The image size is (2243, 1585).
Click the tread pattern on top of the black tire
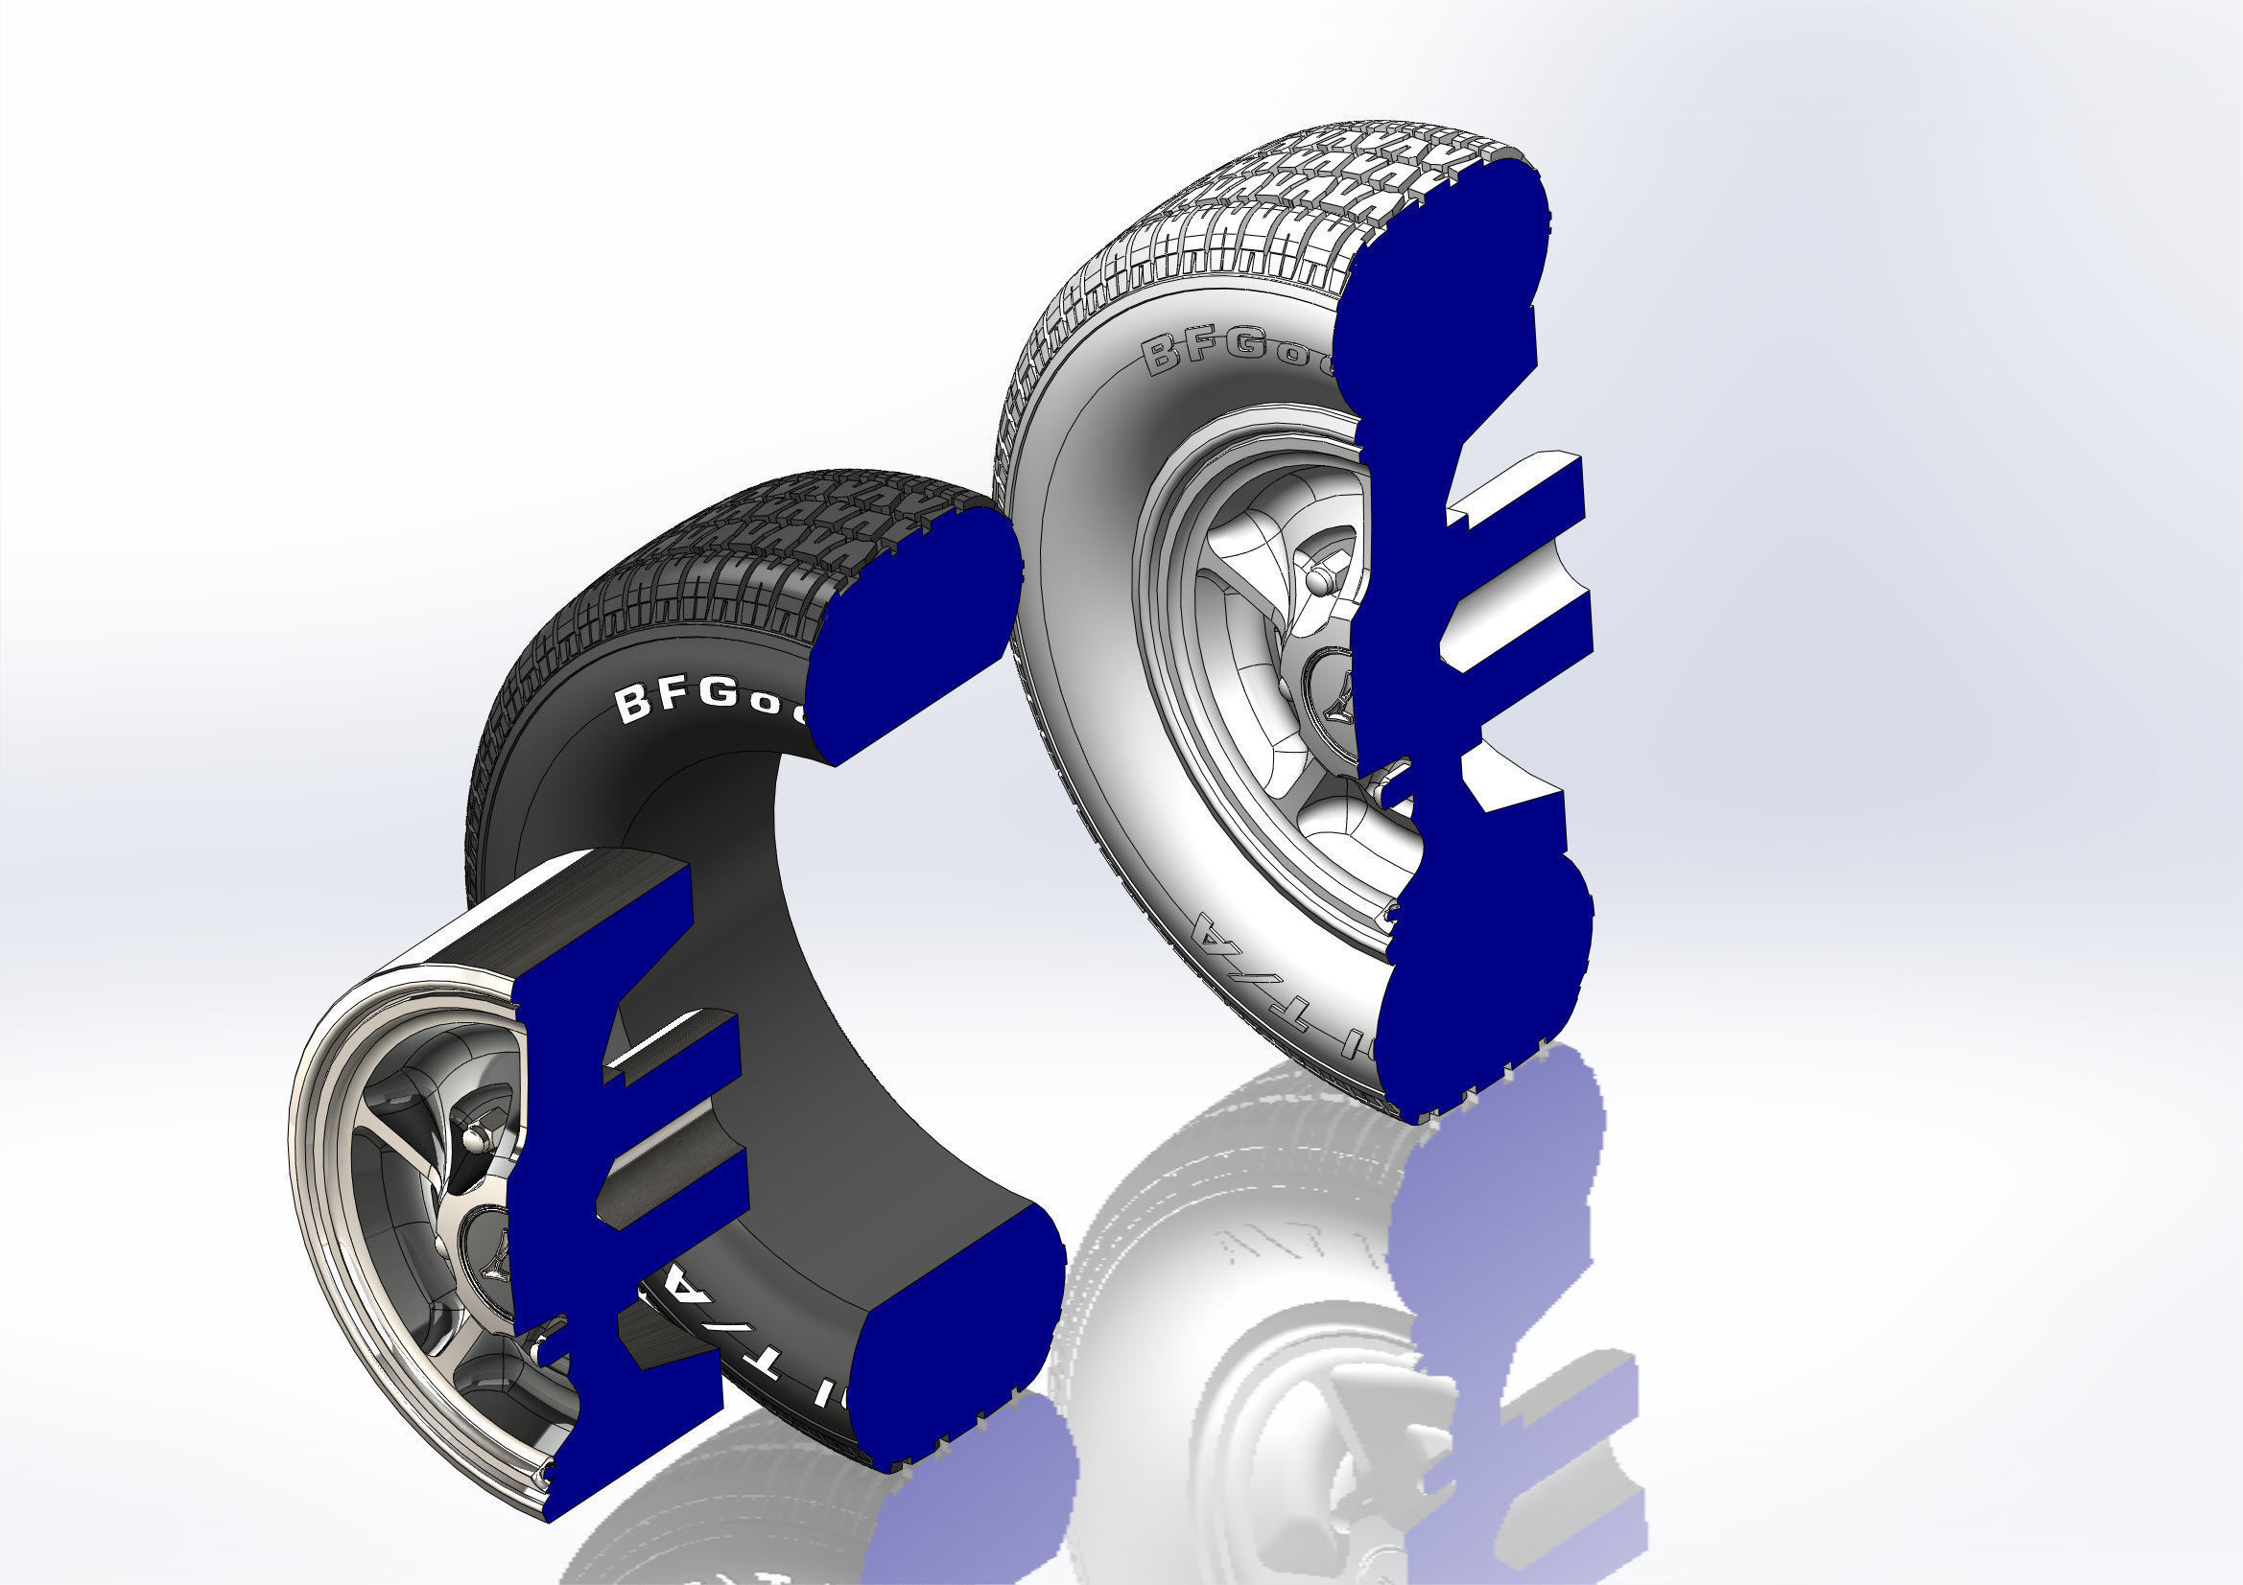(x=743, y=557)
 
